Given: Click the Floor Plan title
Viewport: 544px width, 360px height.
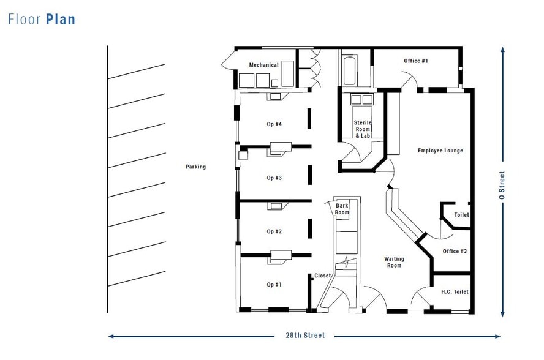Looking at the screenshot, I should (42, 19).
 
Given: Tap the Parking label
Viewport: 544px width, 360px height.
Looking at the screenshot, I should (196, 167).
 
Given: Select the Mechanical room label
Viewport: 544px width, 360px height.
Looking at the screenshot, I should (263, 65).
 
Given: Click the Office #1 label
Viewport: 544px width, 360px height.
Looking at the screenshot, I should (416, 61).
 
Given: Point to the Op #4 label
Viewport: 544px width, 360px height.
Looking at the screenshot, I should (274, 124).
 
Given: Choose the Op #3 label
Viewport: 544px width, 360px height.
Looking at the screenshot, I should (274, 178).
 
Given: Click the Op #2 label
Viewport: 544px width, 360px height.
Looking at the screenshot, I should (274, 231).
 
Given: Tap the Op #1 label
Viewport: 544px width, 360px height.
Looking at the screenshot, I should (274, 285).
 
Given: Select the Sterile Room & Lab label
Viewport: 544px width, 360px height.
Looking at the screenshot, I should (363, 129).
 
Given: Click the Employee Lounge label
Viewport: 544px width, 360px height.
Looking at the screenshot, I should (440, 151).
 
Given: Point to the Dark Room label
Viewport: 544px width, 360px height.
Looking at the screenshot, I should (342, 209).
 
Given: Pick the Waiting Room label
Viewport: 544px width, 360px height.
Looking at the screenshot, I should (393, 262).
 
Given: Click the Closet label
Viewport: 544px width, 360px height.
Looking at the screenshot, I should (323, 276).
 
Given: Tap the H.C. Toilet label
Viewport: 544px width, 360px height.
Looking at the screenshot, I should (455, 292).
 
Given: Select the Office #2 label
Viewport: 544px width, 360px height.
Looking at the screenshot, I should (455, 251).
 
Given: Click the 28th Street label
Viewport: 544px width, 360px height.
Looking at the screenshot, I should (304, 336).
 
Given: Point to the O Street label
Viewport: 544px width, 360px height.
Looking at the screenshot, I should (502, 186).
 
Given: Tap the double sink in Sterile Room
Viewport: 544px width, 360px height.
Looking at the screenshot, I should (361, 99).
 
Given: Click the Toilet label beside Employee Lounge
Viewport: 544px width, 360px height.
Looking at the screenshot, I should (461, 215).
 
